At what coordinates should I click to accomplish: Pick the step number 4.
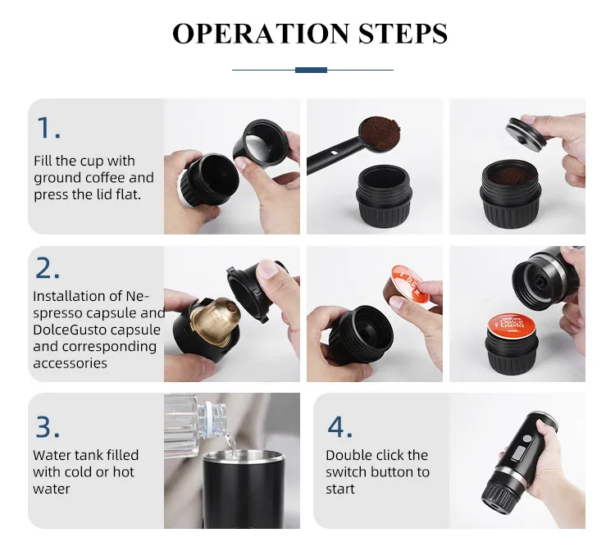pos(339,427)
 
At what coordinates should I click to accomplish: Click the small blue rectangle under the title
pos(311,70)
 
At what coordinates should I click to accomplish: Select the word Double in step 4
pos(348,455)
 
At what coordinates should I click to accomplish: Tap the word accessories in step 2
pos(70,363)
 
